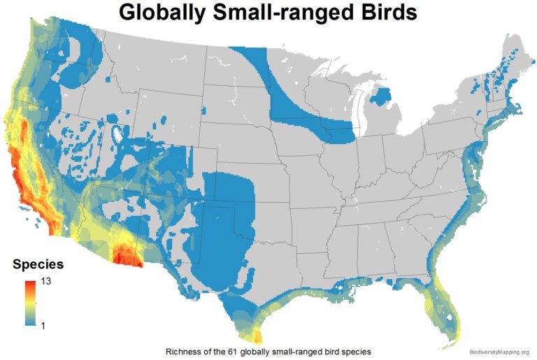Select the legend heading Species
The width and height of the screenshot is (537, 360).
tap(39, 265)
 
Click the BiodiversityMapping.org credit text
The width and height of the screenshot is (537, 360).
tap(499, 352)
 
